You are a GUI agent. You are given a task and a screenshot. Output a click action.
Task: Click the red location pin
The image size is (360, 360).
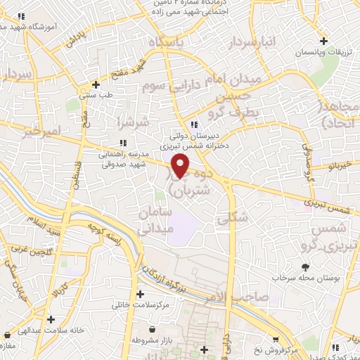tap(181, 166)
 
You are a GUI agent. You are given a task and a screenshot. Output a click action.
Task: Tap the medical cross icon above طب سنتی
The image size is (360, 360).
tap(96, 85)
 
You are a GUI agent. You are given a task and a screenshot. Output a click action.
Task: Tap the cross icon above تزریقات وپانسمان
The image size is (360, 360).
tap(323, 41)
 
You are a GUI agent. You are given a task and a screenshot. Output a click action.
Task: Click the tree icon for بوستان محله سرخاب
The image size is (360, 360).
tap(306, 267)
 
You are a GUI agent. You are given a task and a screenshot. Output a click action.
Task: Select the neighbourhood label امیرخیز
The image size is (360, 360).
tap(41, 131)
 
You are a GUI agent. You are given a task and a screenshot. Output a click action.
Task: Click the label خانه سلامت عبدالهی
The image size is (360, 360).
tap(50, 330)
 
